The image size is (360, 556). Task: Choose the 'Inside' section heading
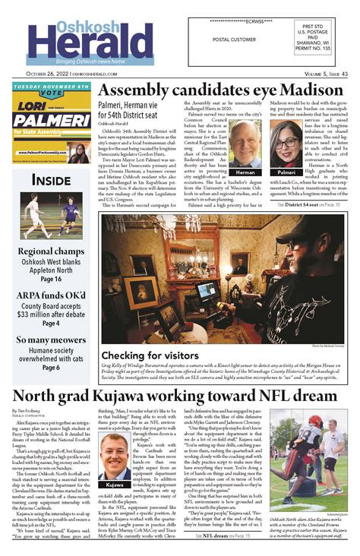click(x=51, y=180)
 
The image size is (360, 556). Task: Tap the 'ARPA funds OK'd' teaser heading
click(x=51, y=295)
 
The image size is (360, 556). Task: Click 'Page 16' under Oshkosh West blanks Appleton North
click(x=51, y=280)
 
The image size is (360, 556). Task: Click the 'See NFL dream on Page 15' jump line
click(x=224, y=535)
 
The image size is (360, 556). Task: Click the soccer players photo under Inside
click(x=51, y=215)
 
